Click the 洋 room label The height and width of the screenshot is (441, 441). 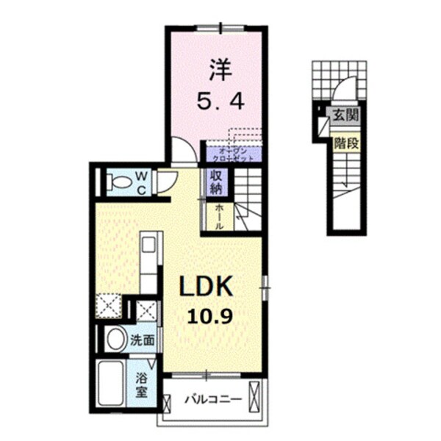click(x=218, y=71)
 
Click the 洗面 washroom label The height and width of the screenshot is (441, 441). click(x=142, y=341)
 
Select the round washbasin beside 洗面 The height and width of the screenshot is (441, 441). click(x=114, y=340)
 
